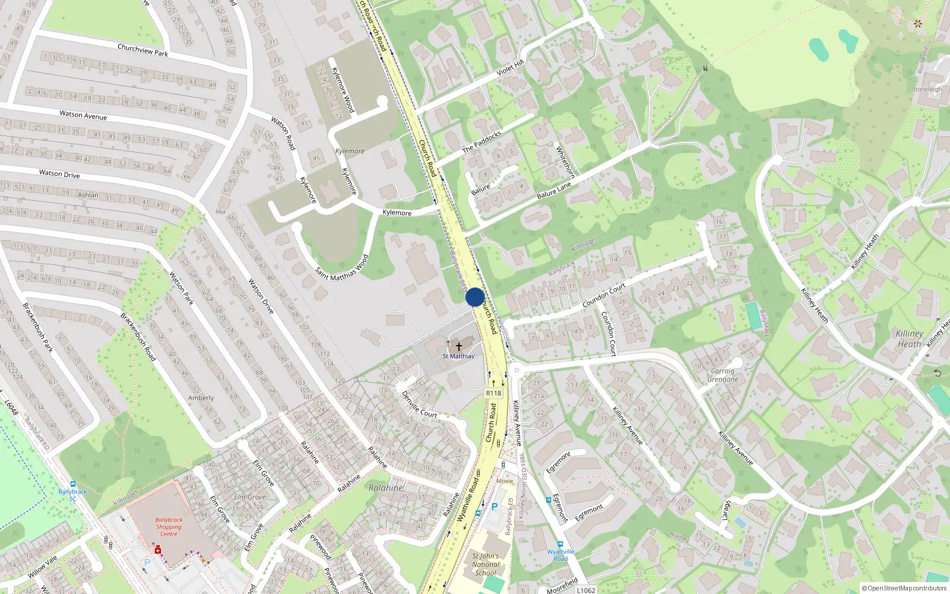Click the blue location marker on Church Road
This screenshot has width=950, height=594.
point(475,297)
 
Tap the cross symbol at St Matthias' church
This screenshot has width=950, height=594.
point(458,346)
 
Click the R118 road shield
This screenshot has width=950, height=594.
point(493,393)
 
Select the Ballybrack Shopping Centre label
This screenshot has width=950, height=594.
point(169,526)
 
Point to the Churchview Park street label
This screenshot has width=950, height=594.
point(142,50)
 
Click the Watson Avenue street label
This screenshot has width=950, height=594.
point(83,115)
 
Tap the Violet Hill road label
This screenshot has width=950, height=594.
point(510,67)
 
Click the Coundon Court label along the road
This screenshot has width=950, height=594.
point(604,295)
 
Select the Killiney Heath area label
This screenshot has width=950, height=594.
point(909,339)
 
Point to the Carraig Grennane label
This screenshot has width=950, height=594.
point(723,375)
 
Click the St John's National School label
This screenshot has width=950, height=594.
point(485,564)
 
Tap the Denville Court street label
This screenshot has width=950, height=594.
point(419,405)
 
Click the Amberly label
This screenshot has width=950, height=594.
point(201,398)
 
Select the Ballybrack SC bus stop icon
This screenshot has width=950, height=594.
point(72,485)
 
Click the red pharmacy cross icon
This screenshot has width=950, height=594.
point(158,551)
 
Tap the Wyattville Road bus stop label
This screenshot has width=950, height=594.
point(560,555)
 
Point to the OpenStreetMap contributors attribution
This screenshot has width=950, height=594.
point(904,588)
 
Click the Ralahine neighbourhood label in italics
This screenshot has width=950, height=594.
point(385,488)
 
